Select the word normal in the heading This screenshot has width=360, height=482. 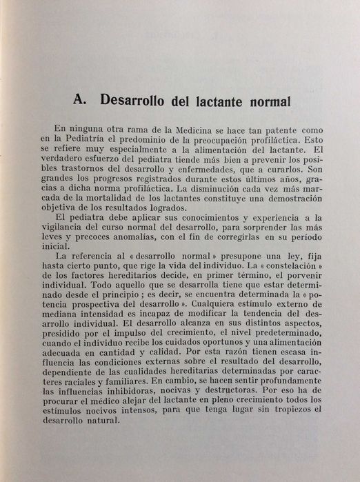click(261, 101)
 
